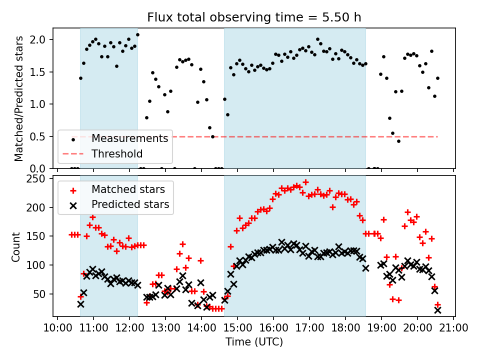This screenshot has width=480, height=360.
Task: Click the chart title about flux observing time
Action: (x=254, y=17)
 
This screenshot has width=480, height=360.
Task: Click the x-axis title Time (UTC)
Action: (x=254, y=342)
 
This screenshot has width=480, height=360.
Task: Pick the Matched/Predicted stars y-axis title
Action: (x=18, y=98)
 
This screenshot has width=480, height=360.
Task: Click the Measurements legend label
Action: (x=130, y=138)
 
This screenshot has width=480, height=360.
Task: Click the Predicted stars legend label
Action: (x=130, y=204)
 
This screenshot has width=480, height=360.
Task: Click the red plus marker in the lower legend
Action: (x=73, y=189)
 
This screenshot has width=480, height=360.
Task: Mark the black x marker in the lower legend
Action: (x=73, y=204)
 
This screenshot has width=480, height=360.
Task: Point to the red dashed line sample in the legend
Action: (x=73, y=153)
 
